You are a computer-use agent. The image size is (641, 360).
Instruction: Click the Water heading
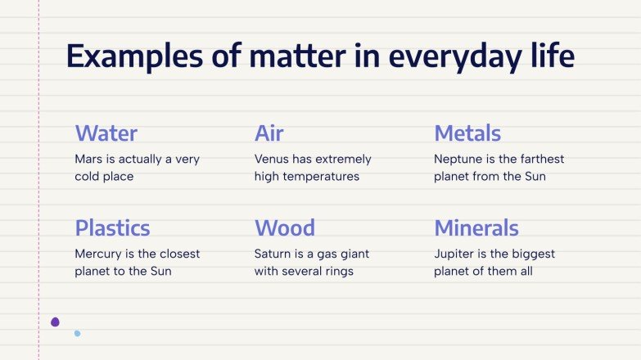click(106, 133)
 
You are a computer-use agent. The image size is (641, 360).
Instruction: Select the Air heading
click(269, 133)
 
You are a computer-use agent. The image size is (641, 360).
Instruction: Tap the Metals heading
click(467, 133)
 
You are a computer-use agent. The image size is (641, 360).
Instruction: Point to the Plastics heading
click(112, 227)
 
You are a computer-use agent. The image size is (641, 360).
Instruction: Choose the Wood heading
click(284, 227)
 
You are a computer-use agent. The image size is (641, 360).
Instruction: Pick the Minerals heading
click(476, 227)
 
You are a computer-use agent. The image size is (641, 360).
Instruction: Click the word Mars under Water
click(88, 159)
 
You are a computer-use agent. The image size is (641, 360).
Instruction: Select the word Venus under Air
click(272, 159)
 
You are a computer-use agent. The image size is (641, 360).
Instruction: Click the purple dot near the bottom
click(55, 322)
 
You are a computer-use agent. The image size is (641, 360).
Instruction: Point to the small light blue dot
click(77, 333)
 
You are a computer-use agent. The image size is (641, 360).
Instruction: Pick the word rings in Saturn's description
click(336, 271)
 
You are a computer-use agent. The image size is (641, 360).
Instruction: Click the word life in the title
click(551, 56)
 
